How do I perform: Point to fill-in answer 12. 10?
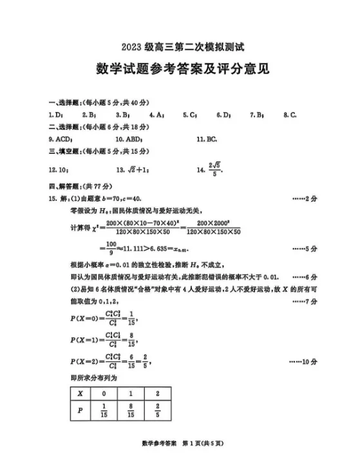[x=59, y=170]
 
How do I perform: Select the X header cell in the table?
[x=81, y=392]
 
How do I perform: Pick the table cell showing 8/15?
[x=129, y=411]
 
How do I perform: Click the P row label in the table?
[x=81, y=411]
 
